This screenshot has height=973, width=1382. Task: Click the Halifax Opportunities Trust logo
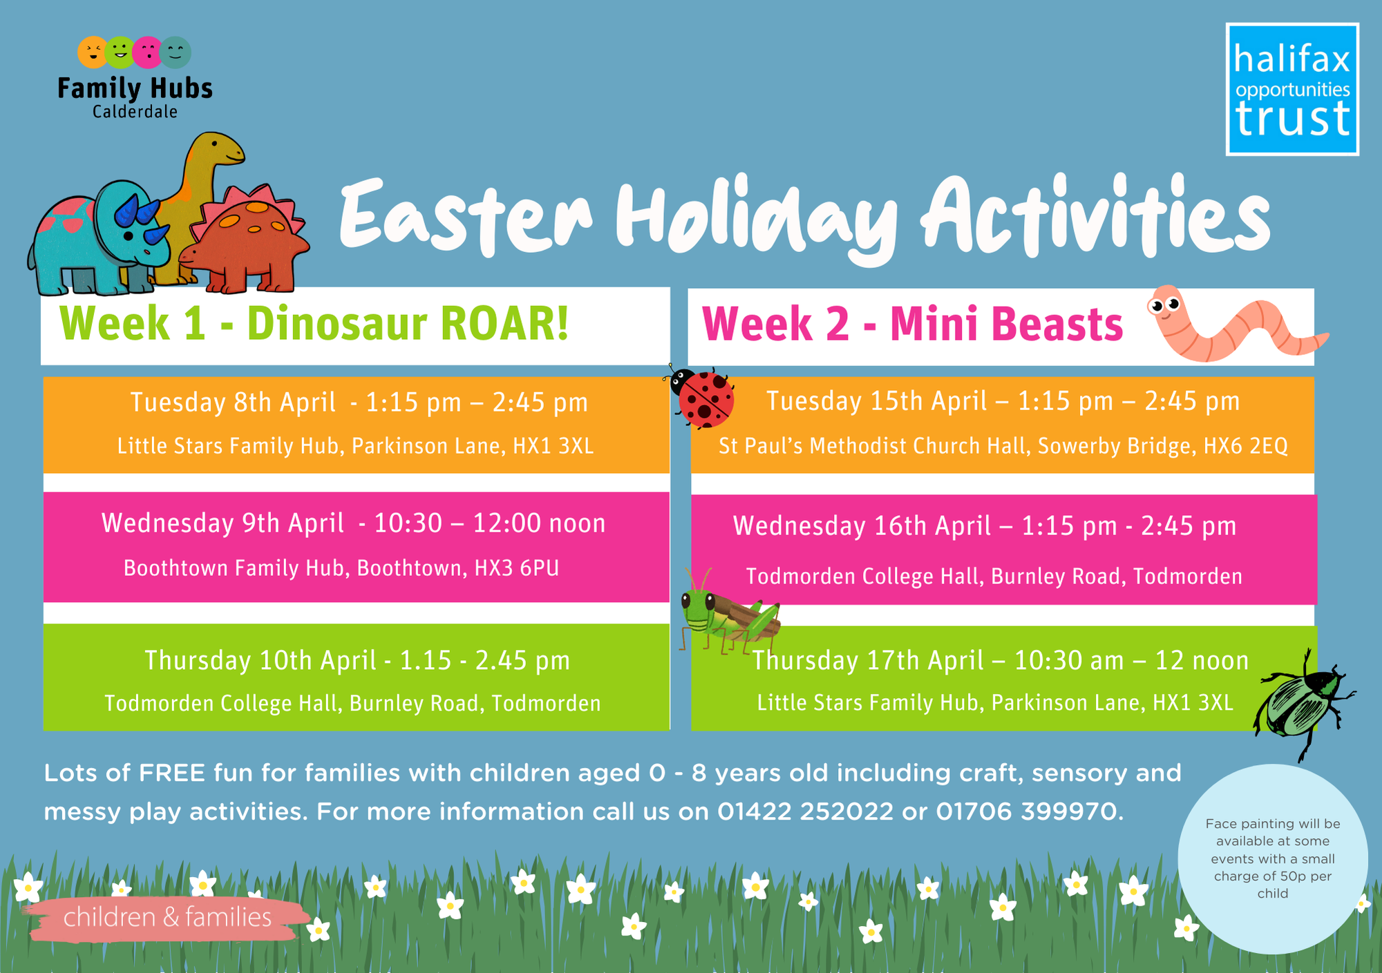coord(1292,89)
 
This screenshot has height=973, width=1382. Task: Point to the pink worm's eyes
coord(1164,303)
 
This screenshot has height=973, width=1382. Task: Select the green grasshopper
coord(729,612)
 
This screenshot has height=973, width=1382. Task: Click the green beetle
coord(1303,704)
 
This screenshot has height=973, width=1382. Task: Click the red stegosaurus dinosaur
coord(245,238)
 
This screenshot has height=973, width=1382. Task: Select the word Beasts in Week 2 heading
coord(1057,325)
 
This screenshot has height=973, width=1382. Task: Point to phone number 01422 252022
coord(805,811)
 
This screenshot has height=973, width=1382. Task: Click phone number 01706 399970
coord(1027,811)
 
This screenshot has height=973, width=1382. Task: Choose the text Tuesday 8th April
coord(233,402)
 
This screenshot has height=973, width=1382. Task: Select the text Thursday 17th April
coord(868,660)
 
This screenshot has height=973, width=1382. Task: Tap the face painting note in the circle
coord(1273,858)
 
